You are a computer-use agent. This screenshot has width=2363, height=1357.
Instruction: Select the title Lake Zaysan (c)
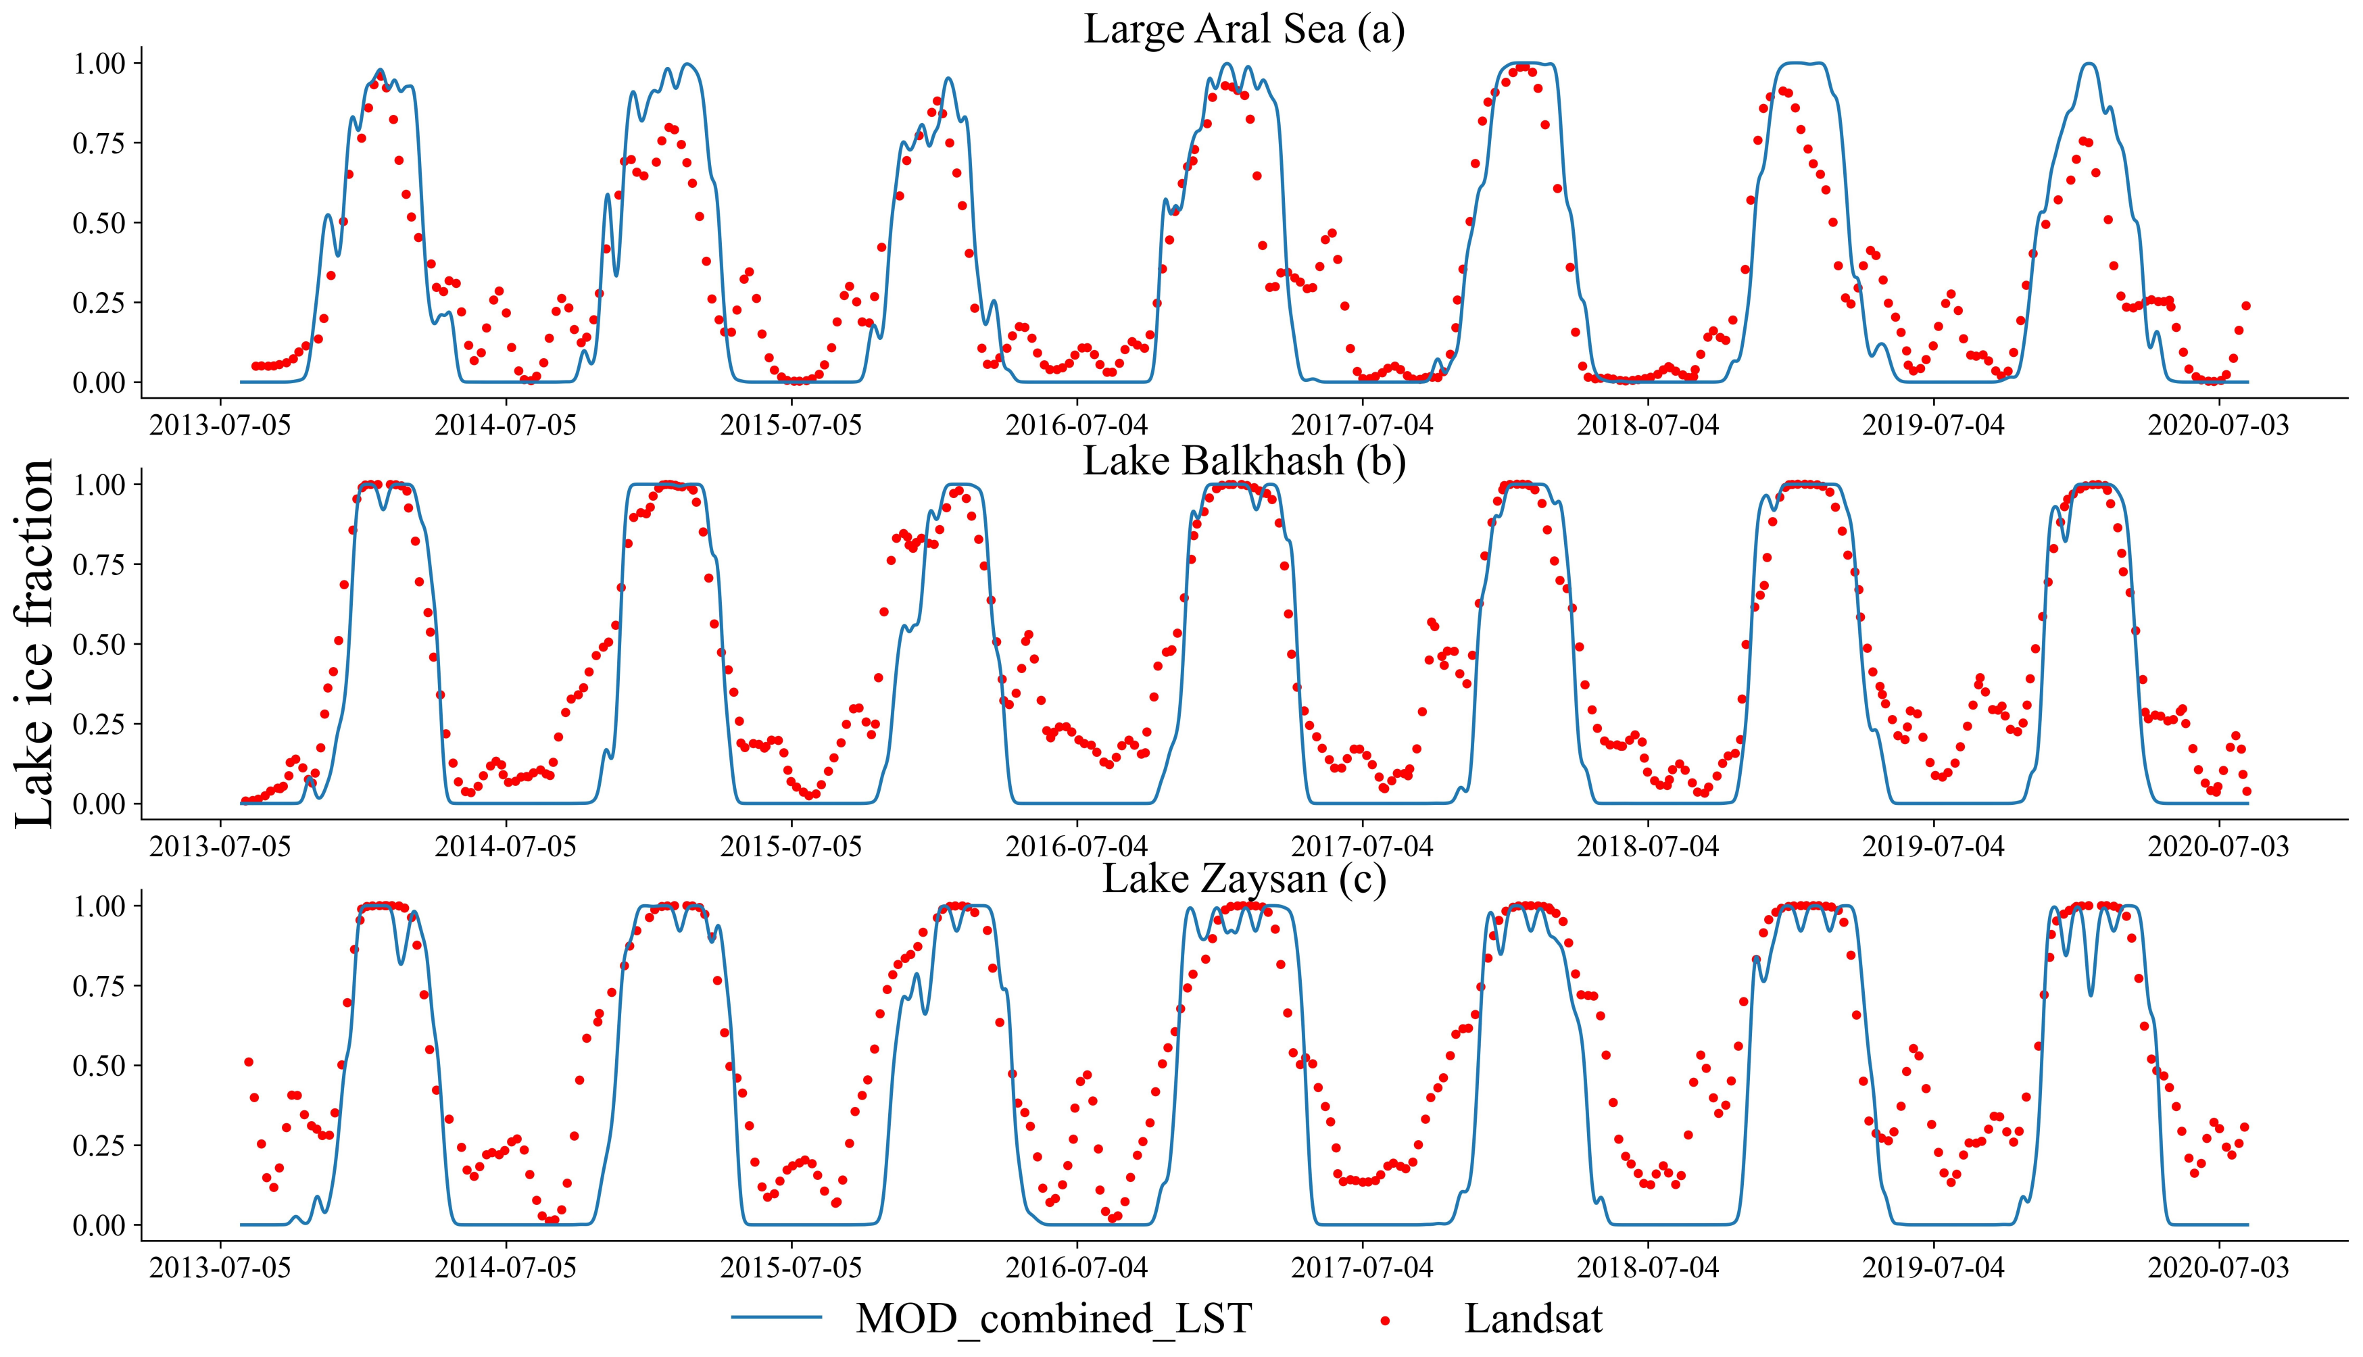click(x=1244, y=879)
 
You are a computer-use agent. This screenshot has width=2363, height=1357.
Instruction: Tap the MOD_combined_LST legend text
click(x=1053, y=1318)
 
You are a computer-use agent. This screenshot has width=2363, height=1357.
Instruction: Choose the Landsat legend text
click(x=1534, y=1318)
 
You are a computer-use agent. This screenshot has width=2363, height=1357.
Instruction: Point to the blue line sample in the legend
click(x=777, y=1318)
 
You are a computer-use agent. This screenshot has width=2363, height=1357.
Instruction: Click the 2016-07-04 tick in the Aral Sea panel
click(x=1077, y=426)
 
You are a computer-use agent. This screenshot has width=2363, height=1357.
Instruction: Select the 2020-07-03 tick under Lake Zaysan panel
click(x=2218, y=1268)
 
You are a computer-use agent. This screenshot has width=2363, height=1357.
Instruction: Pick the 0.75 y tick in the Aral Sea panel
click(x=103, y=143)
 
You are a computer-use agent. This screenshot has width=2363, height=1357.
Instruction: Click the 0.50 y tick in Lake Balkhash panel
click(x=103, y=644)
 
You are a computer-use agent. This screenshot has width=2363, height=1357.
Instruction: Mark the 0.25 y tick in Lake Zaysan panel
click(x=103, y=1145)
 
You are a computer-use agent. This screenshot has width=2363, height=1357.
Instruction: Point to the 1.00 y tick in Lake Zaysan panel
click(x=103, y=906)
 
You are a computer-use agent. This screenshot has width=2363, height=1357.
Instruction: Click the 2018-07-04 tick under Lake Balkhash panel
click(x=1647, y=847)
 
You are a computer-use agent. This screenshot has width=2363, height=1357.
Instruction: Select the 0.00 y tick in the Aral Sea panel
click(x=103, y=382)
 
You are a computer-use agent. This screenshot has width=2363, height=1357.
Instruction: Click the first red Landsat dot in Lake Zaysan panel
click(x=249, y=1062)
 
